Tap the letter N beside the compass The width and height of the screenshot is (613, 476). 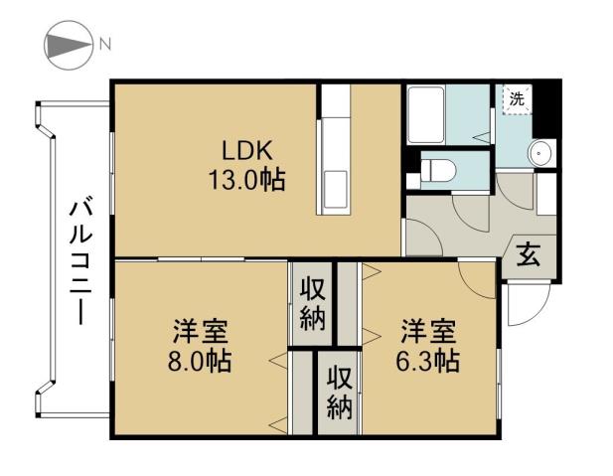(x=104, y=45)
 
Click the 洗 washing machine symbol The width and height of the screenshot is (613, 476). (x=516, y=98)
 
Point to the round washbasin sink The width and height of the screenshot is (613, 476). (x=539, y=153)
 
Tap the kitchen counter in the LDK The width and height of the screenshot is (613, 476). (x=332, y=149)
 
